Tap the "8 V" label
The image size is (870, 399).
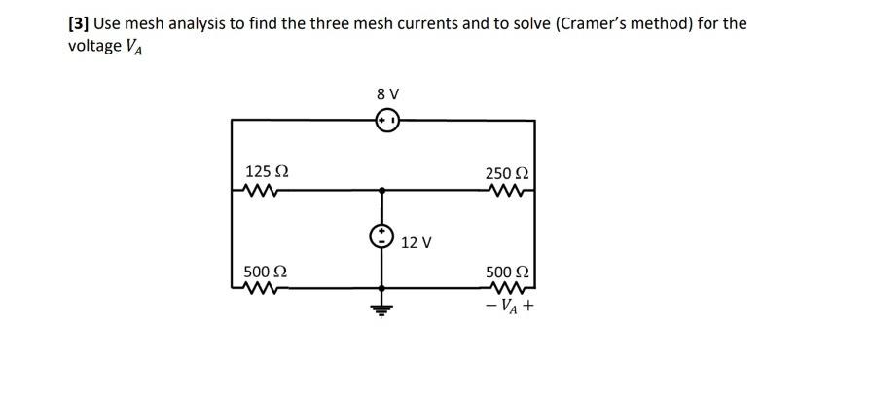(386, 94)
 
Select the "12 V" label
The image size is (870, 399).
(416, 242)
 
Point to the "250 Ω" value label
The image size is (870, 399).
(506, 173)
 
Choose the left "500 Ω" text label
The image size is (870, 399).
(265, 271)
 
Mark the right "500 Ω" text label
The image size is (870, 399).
(506, 271)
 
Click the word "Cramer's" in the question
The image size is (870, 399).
(546, 22)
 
